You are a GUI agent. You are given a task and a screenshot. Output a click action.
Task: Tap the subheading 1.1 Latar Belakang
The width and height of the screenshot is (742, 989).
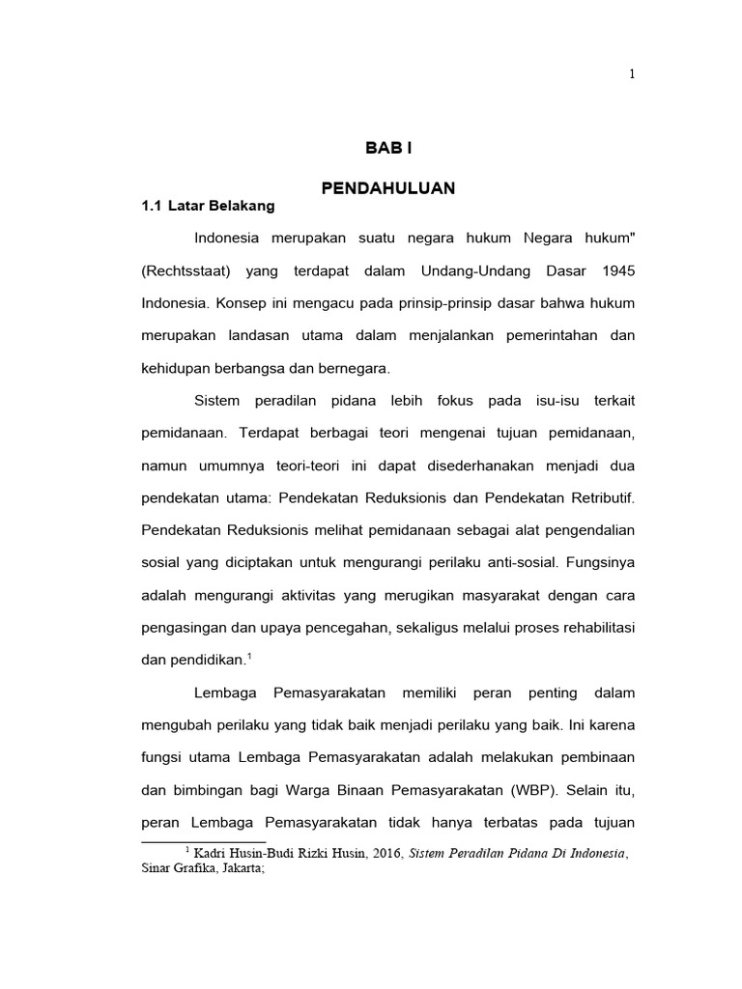(208, 206)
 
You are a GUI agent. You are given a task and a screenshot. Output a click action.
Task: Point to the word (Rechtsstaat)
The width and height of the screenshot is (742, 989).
(185, 270)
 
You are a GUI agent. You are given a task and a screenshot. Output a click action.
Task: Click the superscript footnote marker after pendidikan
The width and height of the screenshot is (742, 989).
(249, 655)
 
